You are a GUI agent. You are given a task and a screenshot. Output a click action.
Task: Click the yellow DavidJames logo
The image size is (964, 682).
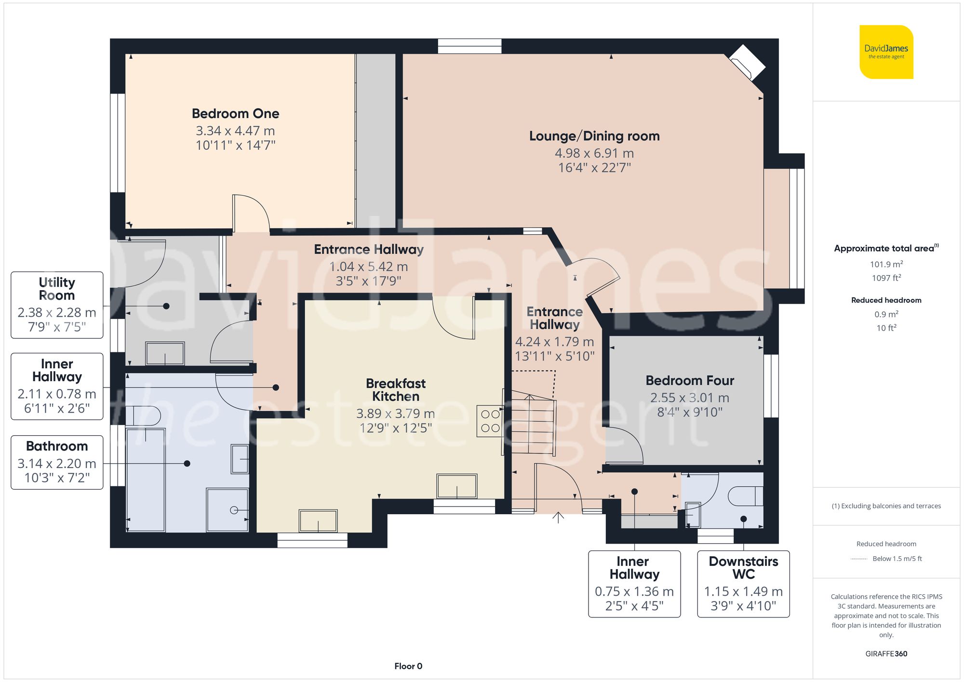pyautogui.click(x=886, y=52)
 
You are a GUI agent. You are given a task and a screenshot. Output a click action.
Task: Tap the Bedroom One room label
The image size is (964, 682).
pyautogui.click(x=235, y=114)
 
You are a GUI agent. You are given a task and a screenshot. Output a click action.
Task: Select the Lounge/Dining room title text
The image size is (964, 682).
pyautogui.click(x=594, y=136)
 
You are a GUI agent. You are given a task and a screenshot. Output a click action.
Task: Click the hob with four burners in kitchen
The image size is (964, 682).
pyautogui.click(x=490, y=421)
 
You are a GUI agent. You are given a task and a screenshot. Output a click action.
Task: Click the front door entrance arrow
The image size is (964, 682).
pyautogui.click(x=558, y=518)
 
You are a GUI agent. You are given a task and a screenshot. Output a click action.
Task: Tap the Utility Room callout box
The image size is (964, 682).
pyautogui.click(x=57, y=305)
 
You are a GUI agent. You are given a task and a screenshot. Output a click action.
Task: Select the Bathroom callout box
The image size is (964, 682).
pyautogui.click(x=57, y=462)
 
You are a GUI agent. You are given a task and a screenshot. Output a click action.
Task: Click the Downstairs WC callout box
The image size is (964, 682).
pyautogui.click(x=743, y=584)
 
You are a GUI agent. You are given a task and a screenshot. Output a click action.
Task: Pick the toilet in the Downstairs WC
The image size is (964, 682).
pyautogui.click(x=745, y=496)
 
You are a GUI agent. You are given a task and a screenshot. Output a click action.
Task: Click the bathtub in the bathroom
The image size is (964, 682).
pyautogui.click(x=146, y=480)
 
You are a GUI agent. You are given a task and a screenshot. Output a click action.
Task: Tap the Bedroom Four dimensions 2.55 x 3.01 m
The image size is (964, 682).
pyautogui.click(x=689, y=398)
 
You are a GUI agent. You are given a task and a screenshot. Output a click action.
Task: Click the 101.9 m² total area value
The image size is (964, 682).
pyautogui.click(x=886, y=264)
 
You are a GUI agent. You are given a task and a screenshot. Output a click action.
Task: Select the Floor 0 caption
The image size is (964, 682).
pyautogui.click(x=408, y=666)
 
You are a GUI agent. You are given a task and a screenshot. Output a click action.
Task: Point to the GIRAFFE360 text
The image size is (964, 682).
pyautogui.click(x=886, y=654)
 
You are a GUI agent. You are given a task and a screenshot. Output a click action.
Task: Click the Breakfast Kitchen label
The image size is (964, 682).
pyautogui.click(x=395, y=390)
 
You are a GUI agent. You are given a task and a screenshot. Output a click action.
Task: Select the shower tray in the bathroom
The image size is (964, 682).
pyautogui.click(x=227, y=510)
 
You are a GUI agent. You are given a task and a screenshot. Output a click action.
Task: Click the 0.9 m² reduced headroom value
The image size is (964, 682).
pyautogui.click(x=886, y=314)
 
